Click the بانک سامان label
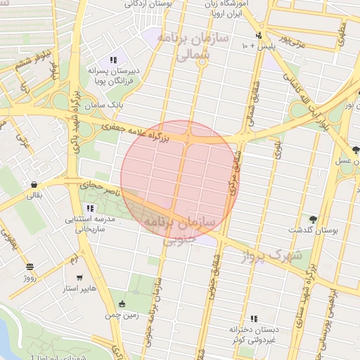coord(107,105)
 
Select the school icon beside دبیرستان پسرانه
coord(113,60)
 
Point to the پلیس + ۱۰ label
coord(257,46)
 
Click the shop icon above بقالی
coord(34,185)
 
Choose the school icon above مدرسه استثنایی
coord(90,209)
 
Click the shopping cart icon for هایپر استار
coord(79,278)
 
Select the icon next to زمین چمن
coord(122,304)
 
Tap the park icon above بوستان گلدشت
coord(312,219)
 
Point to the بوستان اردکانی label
coord(152,4)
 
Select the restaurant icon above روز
coord(30,267)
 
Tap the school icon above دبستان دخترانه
coord(254,319)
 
